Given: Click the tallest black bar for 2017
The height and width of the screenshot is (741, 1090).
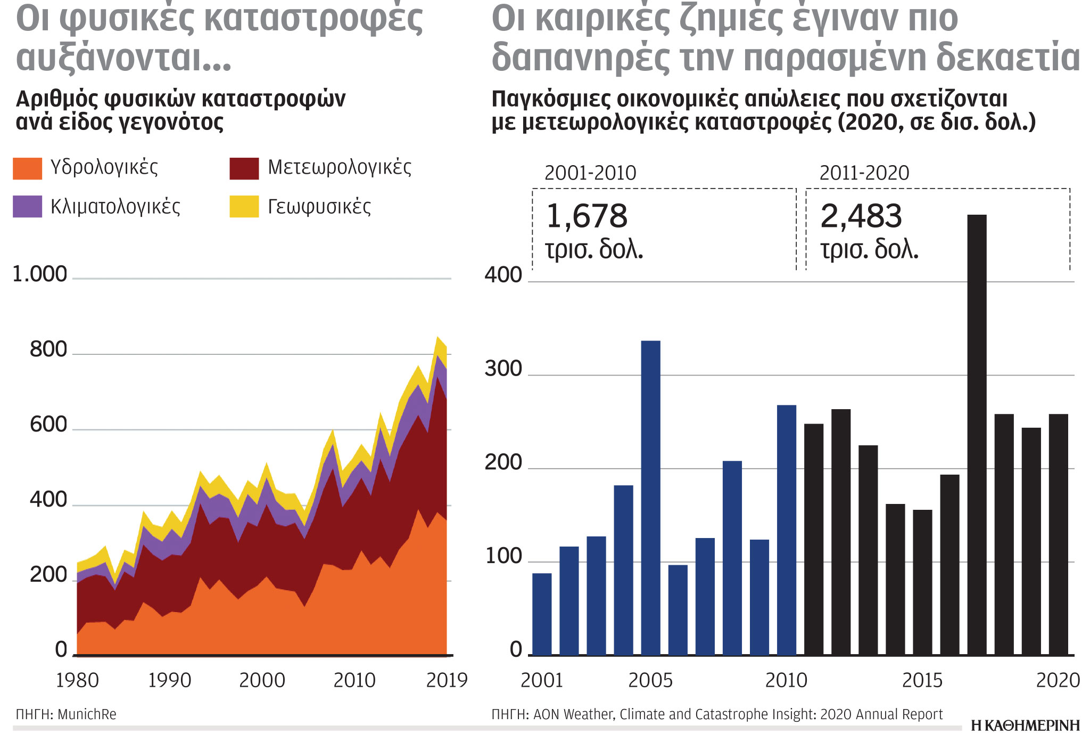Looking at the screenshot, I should pos(977,434).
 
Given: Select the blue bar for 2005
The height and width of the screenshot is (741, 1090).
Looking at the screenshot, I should pos(650,498).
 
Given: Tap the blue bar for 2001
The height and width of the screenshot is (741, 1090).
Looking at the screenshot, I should pos(542,614).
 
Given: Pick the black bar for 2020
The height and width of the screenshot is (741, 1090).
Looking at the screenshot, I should pos(1058,534).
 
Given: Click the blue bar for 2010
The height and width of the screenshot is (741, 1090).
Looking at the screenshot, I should pos(786,530).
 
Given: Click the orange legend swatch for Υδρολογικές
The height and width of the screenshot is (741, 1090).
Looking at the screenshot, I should pos(27,168).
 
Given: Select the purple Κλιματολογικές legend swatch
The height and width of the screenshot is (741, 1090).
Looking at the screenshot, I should pos(27,207).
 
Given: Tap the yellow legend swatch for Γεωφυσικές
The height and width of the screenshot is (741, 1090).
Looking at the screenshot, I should pos(244,207).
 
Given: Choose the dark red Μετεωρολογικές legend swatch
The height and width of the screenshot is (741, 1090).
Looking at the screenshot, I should pos(244,168).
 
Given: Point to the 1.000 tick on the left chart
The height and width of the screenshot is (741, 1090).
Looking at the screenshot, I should pos(39,274).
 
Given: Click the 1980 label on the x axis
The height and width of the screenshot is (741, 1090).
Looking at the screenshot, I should pos(77,680).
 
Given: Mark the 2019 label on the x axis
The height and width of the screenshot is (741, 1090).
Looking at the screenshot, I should pos(446,680).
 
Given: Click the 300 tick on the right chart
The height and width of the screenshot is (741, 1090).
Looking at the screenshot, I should pos(503,369).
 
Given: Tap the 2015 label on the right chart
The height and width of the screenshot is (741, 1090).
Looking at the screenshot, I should pos(922,680).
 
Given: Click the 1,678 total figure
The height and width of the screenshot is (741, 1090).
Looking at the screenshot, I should pos(587,216).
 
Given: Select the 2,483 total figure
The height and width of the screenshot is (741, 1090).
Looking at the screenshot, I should pos(861,216).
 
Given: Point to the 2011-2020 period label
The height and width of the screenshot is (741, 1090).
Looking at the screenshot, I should pos(864,173).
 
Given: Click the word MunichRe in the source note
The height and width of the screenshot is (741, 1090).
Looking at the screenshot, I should pos(87,714).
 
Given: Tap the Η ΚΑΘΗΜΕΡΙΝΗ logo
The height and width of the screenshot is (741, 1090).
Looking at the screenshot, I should pos(1025,726).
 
